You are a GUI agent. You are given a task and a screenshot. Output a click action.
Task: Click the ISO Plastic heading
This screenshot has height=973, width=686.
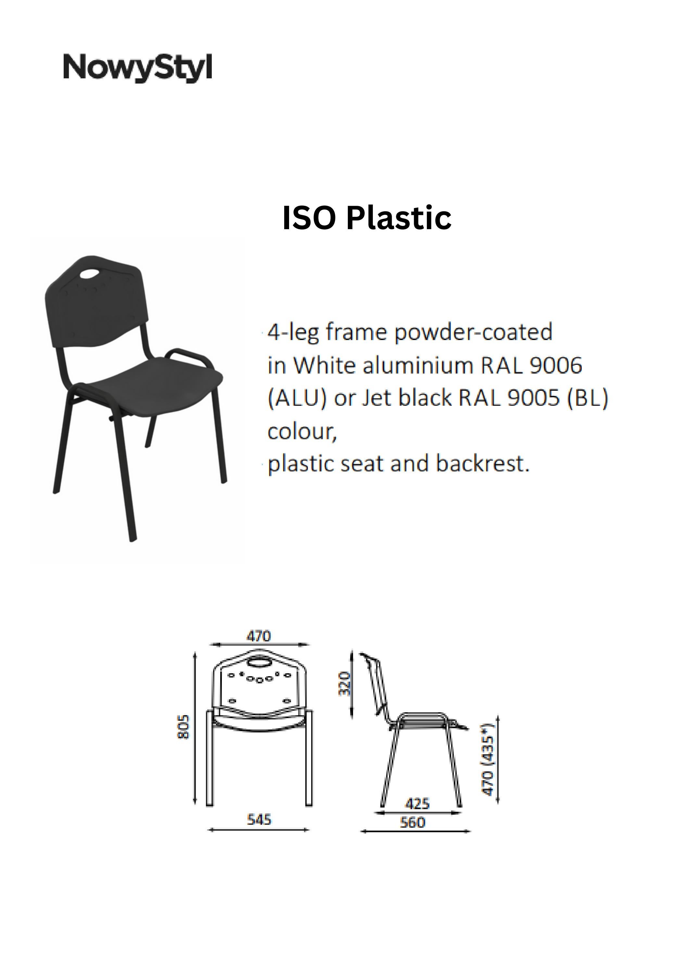point(367,218)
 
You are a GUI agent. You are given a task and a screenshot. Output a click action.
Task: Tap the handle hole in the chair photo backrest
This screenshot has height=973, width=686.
point(88,274)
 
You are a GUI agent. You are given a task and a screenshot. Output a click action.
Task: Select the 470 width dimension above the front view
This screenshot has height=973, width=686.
point(259,636)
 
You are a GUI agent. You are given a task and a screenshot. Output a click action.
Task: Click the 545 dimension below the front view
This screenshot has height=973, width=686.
point(259,820)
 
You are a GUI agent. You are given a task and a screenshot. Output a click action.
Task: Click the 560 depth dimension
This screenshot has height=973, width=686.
point(413,822)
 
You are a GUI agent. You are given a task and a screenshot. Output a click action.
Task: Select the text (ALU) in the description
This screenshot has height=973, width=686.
point(297,398)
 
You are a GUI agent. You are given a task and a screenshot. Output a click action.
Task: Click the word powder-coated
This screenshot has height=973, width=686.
point(474,332)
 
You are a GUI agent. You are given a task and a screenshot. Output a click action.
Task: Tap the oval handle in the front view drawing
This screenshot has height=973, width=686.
point(259,662)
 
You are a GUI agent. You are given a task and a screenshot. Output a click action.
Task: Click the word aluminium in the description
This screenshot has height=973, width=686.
point(417,365)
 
